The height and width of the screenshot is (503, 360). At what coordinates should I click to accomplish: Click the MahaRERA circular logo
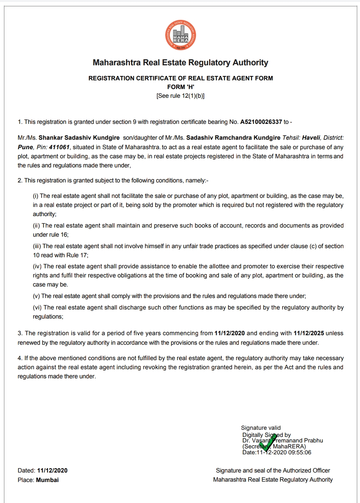pyautogui.click(x=180, y=36)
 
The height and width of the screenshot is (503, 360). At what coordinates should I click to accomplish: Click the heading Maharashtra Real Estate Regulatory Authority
pyautogui.click(x=180, y=63)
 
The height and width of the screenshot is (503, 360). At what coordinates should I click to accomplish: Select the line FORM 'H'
pyautogui.click(x=181, y=87)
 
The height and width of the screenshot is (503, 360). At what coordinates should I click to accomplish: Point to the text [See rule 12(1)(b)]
pyautogui.click(x=181, y=96)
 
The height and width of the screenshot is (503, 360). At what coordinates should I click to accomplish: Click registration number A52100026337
pyautogui.click(x=261, y=122)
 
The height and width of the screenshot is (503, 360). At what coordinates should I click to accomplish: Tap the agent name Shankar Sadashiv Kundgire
pyautogui.click(x=79, y=138)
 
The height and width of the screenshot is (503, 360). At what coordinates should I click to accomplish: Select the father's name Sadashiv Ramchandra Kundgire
pyautogui.click(x=233, y=138)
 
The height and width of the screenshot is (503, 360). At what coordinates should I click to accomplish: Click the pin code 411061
pyautogui.click(x=59, y=147)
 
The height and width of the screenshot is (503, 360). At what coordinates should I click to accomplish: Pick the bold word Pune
pyautogui.click(x=25, y=147)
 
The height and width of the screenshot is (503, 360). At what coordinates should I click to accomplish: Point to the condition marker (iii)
pyautogui.click(x=37, y=246)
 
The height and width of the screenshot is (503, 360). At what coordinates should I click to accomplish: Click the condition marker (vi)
pyautogui.click(x=37, y=307)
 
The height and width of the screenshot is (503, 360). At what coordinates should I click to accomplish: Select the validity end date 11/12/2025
pyautogui.click(x=309, y=334)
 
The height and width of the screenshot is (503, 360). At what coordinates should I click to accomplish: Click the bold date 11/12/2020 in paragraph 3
pyautogui.click(x=229, y=334)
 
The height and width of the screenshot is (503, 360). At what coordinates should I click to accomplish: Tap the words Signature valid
pyautogui.click(x=261, y=428)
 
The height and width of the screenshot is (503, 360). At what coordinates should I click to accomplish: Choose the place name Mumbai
pyautogui.click(x=47, y=480)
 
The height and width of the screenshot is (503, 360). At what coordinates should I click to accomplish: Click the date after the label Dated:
pyautogui.click(x=52, y=471)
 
